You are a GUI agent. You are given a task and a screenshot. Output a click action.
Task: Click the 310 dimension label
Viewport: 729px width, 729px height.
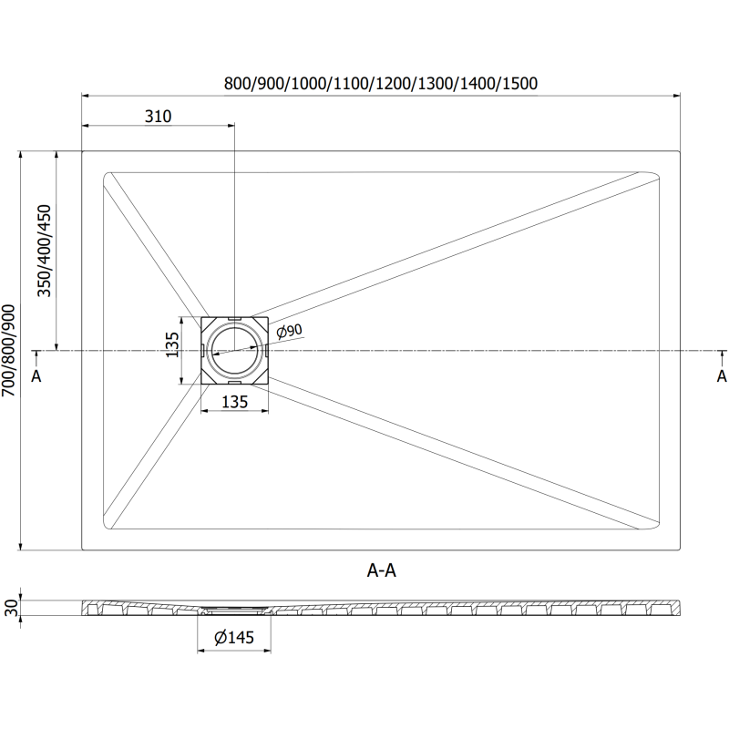[x=158, y=116]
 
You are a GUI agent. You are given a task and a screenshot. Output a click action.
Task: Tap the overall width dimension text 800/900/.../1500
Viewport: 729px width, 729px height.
[x=381, y=83]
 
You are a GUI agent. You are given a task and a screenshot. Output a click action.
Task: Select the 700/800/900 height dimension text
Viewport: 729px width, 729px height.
[x=9, y=351]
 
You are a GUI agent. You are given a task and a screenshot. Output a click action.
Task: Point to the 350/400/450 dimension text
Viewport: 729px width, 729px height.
[x=45, y=251]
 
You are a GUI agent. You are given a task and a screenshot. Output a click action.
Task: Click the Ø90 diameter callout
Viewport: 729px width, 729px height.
[x=289, y=331]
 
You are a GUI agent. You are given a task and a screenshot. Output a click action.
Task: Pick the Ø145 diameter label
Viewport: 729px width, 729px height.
[x=234, y=637]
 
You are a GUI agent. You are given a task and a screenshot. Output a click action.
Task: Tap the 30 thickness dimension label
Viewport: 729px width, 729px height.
[x=11, y=608]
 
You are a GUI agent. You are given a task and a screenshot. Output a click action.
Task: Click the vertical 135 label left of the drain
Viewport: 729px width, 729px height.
[x=172, y=344]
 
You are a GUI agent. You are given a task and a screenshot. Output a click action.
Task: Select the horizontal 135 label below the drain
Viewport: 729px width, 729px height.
[x=235, y=402]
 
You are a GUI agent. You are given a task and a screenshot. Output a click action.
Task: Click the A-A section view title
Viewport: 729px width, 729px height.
[x=382, y=570]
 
